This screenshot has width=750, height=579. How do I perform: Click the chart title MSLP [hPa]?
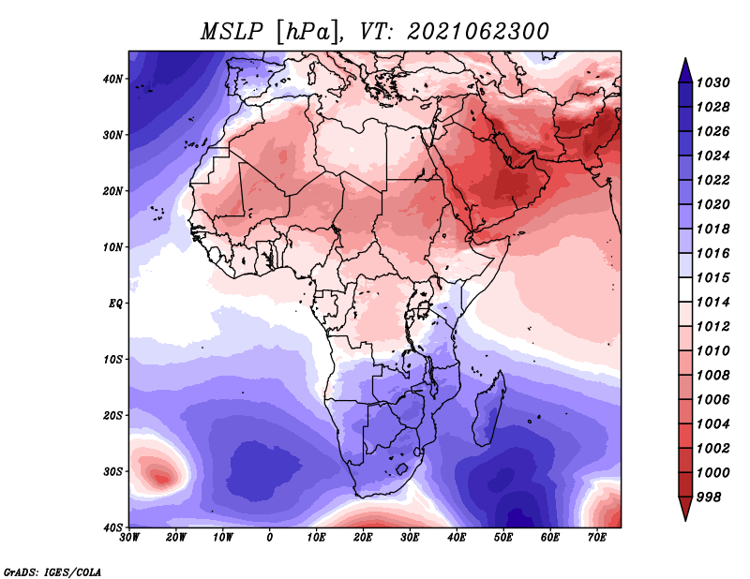coord(269,31)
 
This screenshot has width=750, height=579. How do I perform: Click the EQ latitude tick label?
coord(115,303)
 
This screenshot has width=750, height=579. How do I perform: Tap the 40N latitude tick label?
coord(112,79)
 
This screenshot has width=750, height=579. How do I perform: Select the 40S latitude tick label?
coord(112,527)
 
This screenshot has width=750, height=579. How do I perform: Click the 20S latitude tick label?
coord(112,415)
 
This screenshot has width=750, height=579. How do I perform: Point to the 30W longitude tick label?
coord(129,538)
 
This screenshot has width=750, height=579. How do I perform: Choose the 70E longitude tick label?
coord(596,538)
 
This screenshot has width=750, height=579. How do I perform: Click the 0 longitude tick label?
coord(270,538)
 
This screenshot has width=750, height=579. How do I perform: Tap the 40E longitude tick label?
coord(457,538)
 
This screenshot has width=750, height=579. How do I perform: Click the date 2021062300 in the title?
coord(477,31)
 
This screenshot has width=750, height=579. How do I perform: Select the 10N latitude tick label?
coord(112,247)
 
